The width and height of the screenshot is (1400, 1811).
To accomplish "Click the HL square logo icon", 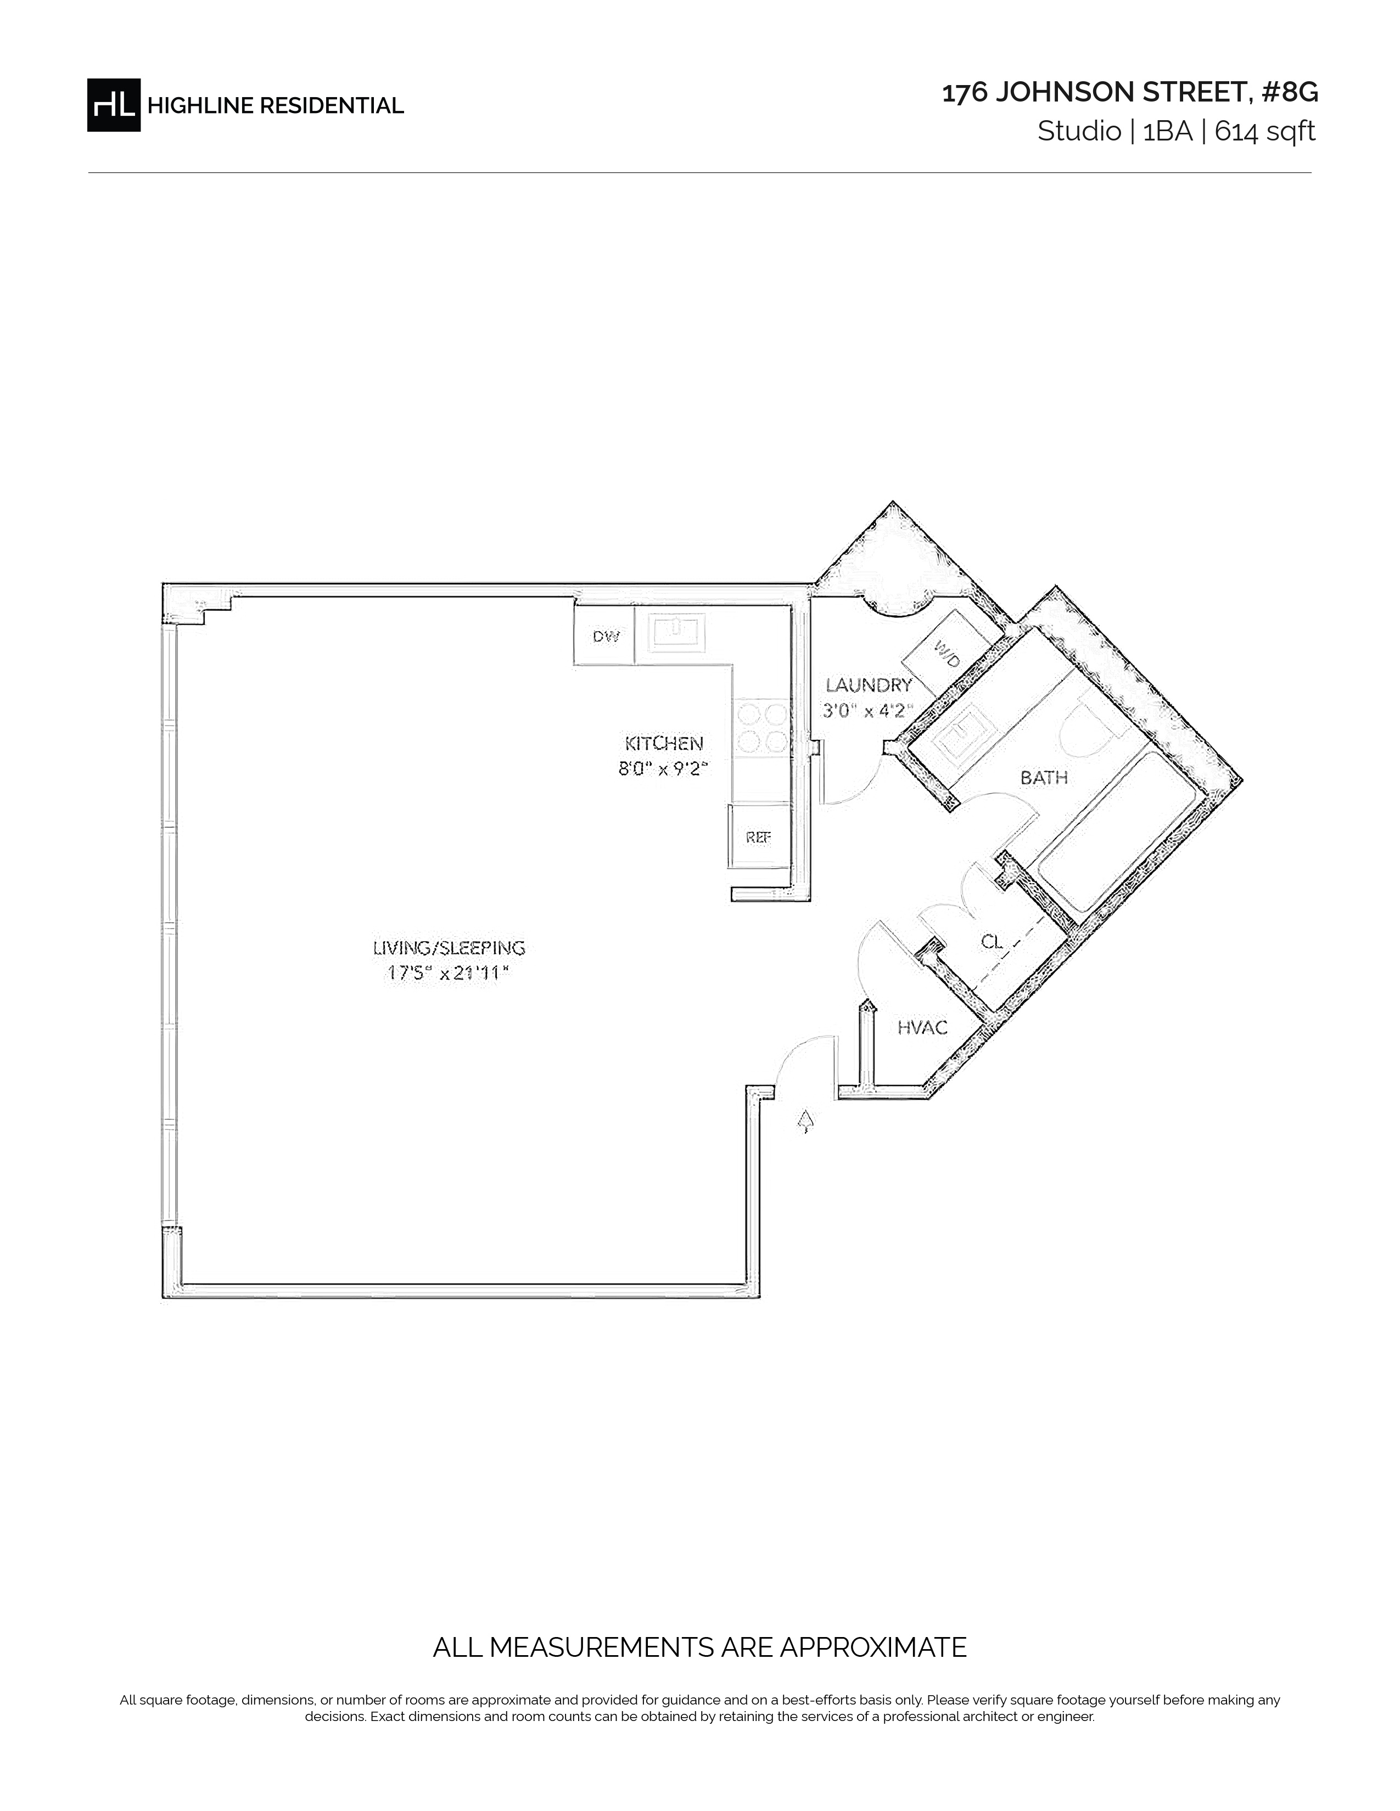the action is click(x=114, y=104).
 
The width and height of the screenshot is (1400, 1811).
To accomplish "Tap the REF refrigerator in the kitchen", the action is click(x=759, y=837).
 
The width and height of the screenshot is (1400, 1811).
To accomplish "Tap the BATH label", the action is click(x=1043, y=778).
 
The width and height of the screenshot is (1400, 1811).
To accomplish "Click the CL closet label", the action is click(x=992, y=942).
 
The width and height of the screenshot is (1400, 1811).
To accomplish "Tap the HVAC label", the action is click(x=922, y=1028).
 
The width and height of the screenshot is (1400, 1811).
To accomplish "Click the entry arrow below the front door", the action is click(x=804, y=1122).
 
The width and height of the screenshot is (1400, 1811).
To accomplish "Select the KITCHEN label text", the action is click(x=664, y=743).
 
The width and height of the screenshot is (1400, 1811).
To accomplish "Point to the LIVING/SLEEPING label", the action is click(x=449, y=948).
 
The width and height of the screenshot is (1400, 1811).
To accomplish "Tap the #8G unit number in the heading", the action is click(x=1289, y=93).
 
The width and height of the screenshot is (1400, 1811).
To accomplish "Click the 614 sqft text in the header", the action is click(x=1265, y=132).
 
